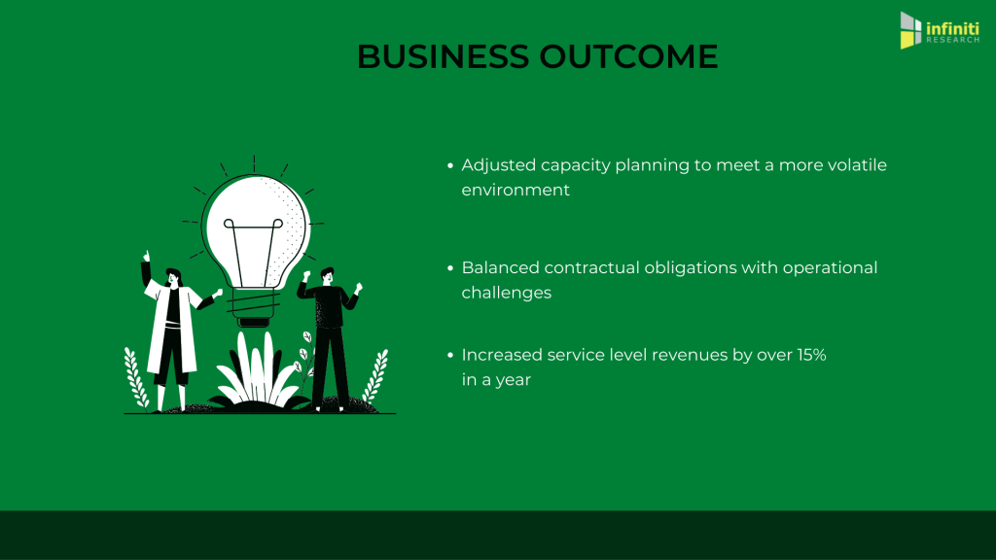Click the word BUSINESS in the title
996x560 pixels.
(443, 56)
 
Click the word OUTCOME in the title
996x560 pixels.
(628, 56)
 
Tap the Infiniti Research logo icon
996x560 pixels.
(910, 30)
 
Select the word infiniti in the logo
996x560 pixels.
(952, 28)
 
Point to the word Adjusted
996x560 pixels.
(499, 165)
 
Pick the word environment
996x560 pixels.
(516, 190)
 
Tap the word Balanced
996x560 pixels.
(500, 267)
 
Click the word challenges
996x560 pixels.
(506, 294)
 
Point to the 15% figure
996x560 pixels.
(811, 355)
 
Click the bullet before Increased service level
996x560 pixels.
(450, 355)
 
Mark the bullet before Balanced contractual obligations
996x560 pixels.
(450, 268)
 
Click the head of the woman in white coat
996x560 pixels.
(173, 278)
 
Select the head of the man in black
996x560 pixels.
(327, 276)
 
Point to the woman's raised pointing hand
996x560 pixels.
(147, 256)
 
